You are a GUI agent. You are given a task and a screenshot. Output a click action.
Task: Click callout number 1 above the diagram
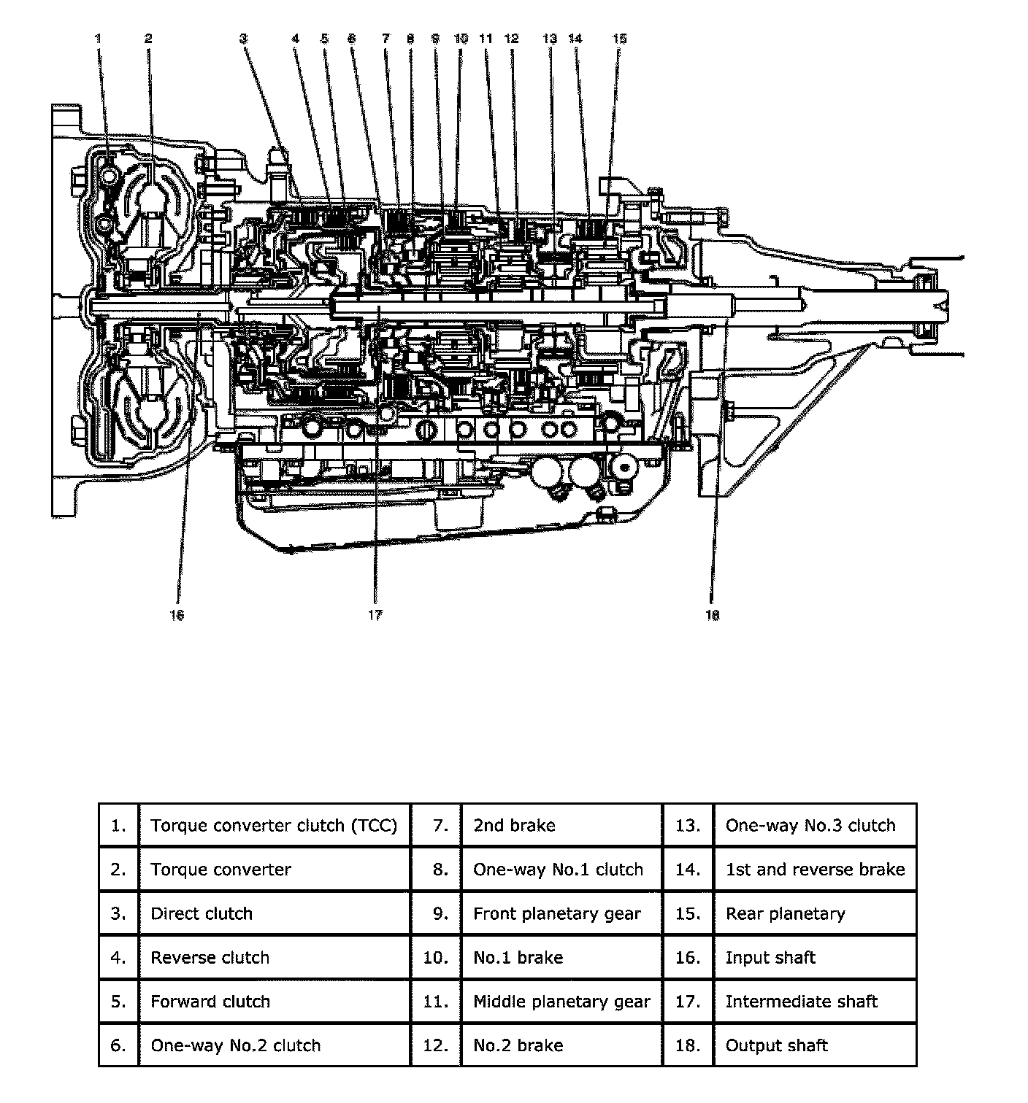click(x=99, y=38)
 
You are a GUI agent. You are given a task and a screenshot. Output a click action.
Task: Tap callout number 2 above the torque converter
click(x=148, y=38)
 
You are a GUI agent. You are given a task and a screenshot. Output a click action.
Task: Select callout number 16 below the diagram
click(x=177, y=615)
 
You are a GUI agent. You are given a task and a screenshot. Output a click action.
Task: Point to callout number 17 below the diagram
click(x=375, y=615)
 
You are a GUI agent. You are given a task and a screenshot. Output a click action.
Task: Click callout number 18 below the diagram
click(x=712, y=615)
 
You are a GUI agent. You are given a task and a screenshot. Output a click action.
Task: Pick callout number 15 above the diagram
click(x=619, y=38)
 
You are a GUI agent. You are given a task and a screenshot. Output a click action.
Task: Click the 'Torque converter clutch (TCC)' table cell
click(x=274, y=826)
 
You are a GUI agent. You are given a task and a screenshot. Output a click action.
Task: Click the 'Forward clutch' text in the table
click(x=210, y=1002)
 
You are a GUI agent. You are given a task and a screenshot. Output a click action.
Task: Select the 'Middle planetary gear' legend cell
click(x=561, y=1002)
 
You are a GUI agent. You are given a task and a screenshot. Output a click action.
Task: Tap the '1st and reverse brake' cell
click(x=815, y=870)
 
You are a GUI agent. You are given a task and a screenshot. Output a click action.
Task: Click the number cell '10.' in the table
click(x=436, y=957)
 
